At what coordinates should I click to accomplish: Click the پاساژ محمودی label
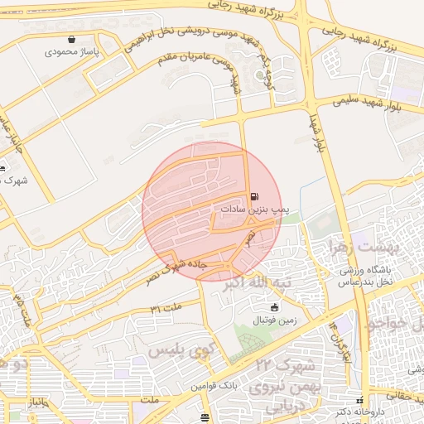coord(71,51)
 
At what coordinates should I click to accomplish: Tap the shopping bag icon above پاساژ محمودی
coord(72,39)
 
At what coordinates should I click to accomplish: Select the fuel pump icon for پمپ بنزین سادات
coord(253,197)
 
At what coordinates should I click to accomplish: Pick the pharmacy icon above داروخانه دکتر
coord(359,400)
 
